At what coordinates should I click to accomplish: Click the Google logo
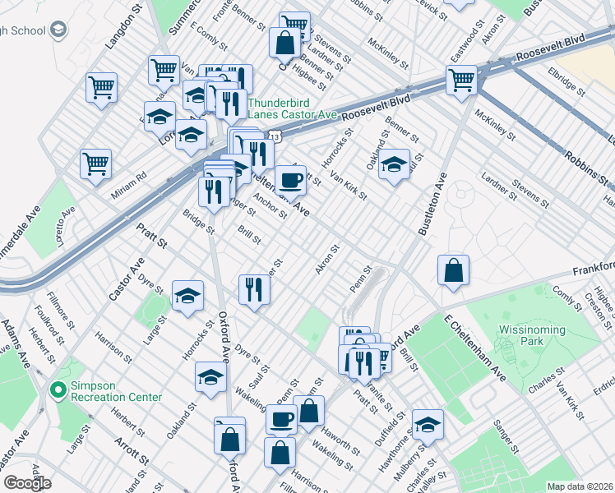point(27,483)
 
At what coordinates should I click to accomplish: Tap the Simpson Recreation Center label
point(112,391)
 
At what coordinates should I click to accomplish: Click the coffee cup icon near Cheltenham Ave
point(289,181)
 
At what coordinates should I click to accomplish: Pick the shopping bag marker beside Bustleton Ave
point(453,270)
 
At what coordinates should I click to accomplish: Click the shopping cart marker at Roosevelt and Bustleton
point(461,81)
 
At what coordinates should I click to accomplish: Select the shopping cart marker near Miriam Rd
point(96,163)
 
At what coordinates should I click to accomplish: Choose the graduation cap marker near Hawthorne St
point(428,425)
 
